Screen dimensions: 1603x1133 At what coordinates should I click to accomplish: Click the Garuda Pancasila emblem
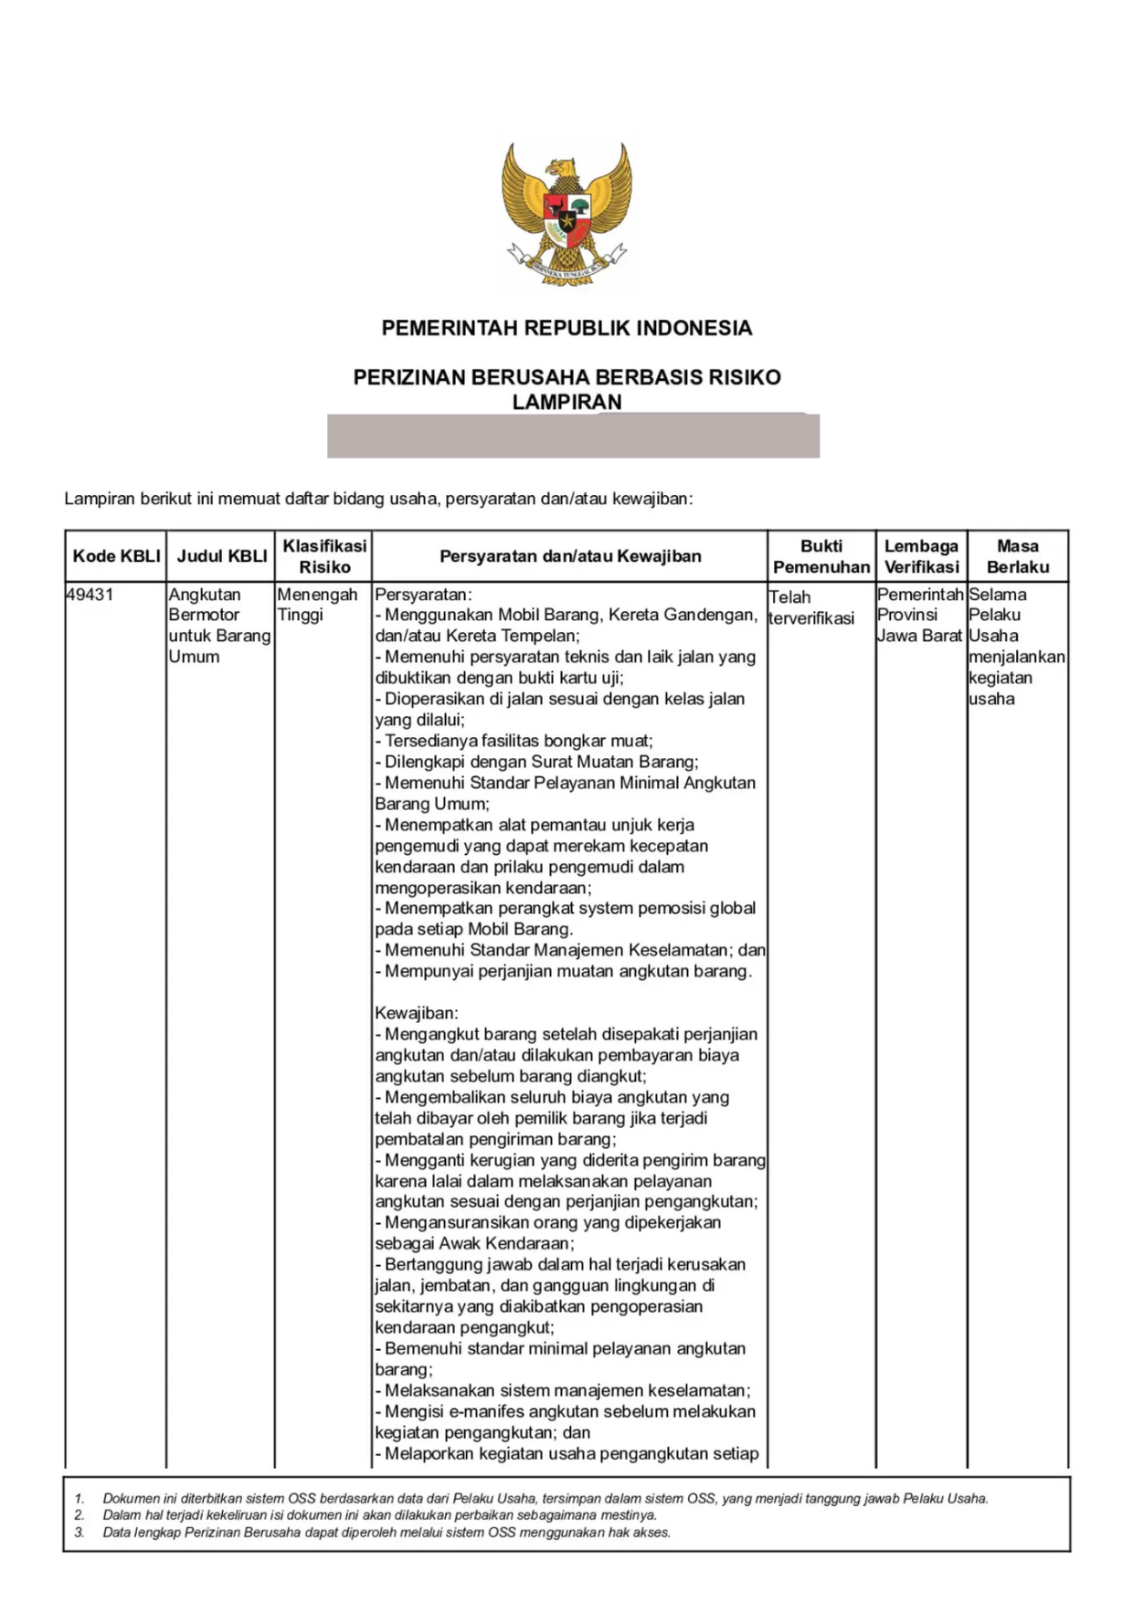[x=566, y=215]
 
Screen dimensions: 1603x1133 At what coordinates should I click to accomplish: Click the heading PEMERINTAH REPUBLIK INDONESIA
[x=566, y=328]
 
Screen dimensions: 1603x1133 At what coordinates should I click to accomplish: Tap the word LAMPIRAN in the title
[x=566, y=402]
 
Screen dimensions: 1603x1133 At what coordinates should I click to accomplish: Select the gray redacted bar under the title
[x=573, y=436]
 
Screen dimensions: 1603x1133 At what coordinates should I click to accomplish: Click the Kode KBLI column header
[x=116, y=556]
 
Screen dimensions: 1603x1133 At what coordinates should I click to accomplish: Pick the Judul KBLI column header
[x=222, y=556]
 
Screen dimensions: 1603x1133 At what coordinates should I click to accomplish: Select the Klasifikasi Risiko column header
[x=324, y=556]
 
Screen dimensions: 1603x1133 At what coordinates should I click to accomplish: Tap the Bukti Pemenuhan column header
[x=821, y=556]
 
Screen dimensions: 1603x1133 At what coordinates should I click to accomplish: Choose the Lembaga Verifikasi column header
[x=921, y=556]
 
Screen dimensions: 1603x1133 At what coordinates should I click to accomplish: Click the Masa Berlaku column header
[x=1018, y=556]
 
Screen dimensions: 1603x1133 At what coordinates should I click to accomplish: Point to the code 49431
[x=90, y=595]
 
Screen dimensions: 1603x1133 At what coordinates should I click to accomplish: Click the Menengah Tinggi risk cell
[x=317, y=605]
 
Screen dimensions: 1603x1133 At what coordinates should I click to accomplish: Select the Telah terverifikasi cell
[x=811, y=607]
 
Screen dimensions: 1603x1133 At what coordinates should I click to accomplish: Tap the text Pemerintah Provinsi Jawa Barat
[x=920, y=615]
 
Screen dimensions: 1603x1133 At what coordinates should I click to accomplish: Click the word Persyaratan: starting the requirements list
[x=423, y=595]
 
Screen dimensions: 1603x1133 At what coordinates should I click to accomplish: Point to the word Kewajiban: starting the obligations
[x=417, y=1013]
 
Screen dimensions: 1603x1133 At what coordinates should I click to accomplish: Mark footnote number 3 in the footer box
[x=79, y=1533]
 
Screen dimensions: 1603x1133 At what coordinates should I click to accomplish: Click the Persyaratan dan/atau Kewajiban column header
[x=570, y=556]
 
